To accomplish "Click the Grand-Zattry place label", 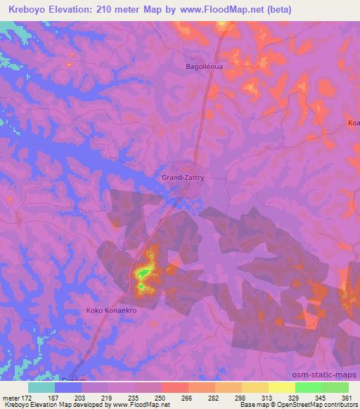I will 183,178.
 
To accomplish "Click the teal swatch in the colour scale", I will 41,387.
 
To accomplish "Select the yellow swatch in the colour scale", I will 281,387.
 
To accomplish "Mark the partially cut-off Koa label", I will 353,123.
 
